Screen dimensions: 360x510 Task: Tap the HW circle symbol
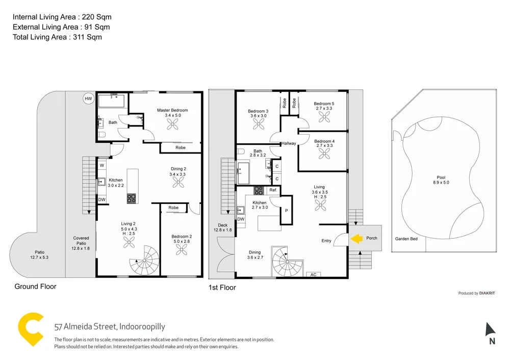[x=89, y=98]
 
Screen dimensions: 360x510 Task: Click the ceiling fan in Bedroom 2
[x=181, y=249]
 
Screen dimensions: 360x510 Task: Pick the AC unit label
[x=313, y=274]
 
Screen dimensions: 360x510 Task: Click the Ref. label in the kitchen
[x=273, y=190]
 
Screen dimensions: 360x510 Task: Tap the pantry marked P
[x=286, y=211]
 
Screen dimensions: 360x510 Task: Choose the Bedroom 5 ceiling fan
[x=324, y=117]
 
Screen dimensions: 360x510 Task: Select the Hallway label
[x=289, y=143]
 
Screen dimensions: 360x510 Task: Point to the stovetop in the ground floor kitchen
[x=132, y=198]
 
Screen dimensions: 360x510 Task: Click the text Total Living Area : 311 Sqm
[x=57, y=37]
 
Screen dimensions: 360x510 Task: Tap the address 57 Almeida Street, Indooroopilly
[x=110, y=327]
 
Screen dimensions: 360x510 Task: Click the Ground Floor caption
[x=35, y=287]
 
